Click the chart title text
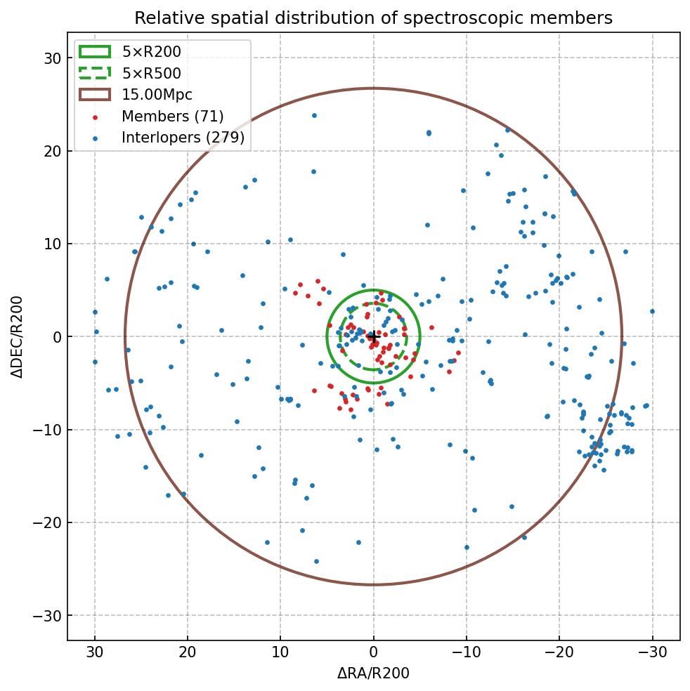[x=373, y=18]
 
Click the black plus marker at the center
[x=373, y=337]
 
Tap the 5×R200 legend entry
[x=151, y=51]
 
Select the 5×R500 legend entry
[x=151, y=73]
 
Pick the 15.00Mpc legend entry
[x=157, y=95]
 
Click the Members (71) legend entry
[x=172, y=116]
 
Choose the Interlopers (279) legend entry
[x=183, y=138]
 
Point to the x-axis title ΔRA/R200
[x=373, y=674]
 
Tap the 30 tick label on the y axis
[x=52, y=58]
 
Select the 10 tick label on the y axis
[x=52, y=244]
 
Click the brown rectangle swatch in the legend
[x=95, y=95]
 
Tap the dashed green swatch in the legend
[x=95, y=73]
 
